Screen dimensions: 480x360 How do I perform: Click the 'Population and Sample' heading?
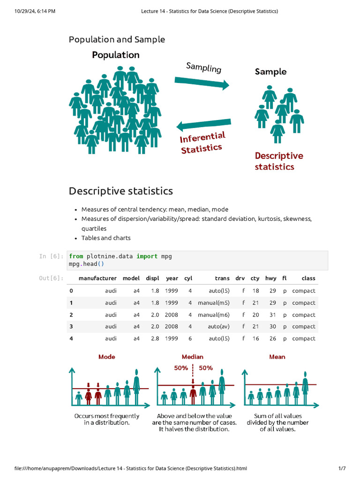click(117, 39)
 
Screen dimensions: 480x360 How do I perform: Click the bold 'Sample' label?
click(270, 72)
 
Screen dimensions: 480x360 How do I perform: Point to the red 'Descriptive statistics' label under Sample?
click(278, 161)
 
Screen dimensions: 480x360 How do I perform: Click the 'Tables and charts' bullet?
click(106, 238)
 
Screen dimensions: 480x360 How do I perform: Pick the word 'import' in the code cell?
click(147, 256)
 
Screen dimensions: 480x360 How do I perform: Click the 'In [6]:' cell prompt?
click(51, 256)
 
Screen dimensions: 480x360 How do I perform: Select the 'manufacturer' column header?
click(97, 278)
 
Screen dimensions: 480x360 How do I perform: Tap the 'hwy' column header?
click(270, 278)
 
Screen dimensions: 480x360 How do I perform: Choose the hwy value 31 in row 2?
click(272, 315)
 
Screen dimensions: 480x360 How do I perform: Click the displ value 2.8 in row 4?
click(155, 338)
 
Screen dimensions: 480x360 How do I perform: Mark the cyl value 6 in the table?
click(190, 338)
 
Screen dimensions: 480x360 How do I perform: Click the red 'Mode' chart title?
click(106, 357)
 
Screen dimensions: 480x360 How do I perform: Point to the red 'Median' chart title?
click(192, 357)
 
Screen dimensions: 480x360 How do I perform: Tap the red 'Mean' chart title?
click(277, 357)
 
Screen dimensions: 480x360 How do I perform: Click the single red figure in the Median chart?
click(193, 395)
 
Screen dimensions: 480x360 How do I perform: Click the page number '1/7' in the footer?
click(342, 468)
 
